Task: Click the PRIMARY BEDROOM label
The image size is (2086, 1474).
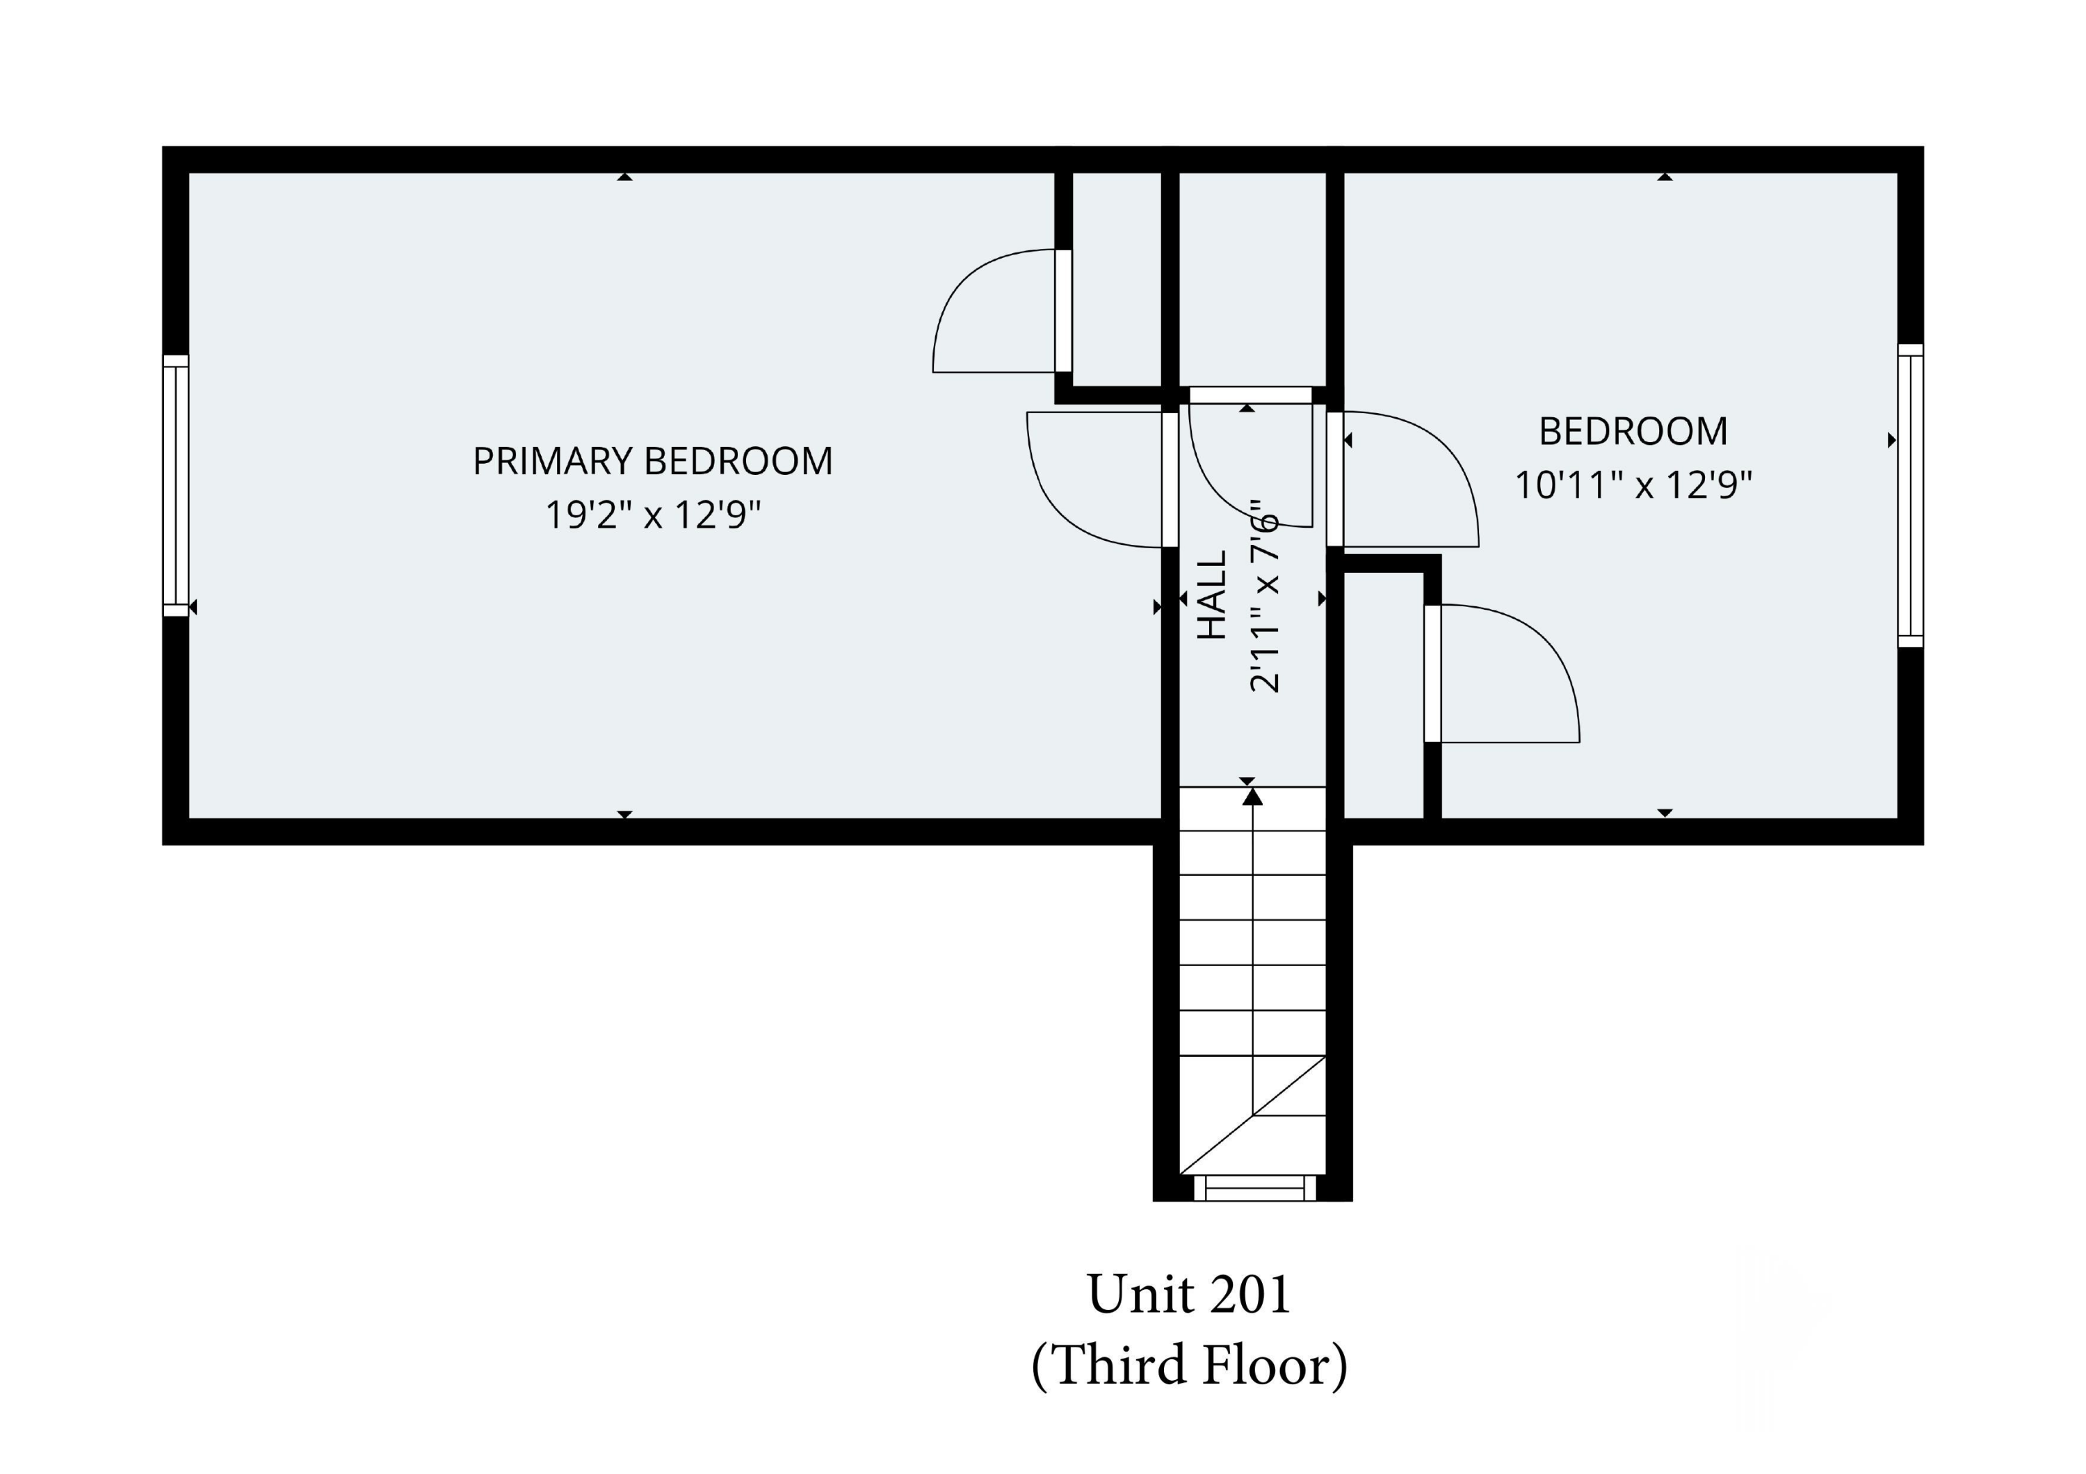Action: point(652,462)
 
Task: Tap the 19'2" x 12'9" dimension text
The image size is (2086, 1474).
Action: point(652,515)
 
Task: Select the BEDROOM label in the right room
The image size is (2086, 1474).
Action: point(1633,431)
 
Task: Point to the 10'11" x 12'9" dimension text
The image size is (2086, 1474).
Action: point(1633,485)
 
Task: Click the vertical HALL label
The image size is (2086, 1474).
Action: point(1212,595)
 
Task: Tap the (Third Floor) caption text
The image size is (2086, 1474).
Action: point(1189,1365)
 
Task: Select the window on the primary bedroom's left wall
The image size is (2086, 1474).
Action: point(176,486)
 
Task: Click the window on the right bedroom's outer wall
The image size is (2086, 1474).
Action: point(1910,496)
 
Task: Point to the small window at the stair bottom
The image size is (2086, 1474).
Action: point(1254,1187)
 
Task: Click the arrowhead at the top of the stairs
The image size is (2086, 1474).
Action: point(1253,797)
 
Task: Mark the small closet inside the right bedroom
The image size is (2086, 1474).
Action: point(1383,695)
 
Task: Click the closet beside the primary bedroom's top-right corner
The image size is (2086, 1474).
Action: point(1117,279)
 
